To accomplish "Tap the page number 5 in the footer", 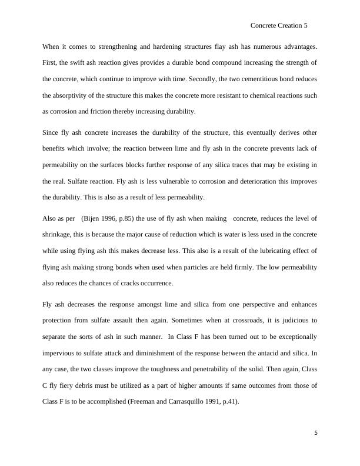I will [316, 434].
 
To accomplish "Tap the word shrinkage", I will [58, 235].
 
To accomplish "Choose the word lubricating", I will [284, 251].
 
